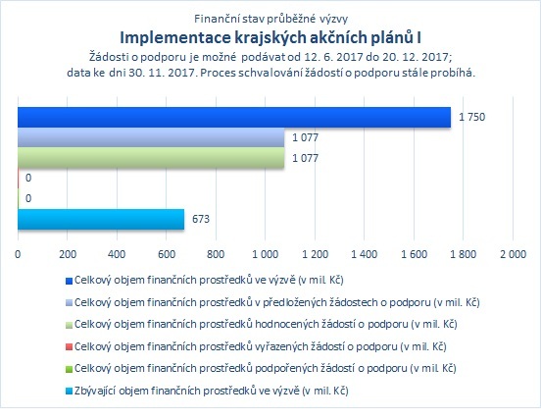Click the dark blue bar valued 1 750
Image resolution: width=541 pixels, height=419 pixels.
[234, 118]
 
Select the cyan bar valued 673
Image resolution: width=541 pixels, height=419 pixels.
[101, 219]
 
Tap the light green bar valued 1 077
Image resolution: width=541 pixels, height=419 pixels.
[151, 158]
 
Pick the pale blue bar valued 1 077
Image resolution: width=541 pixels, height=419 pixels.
[151, 137]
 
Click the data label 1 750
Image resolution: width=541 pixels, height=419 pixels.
[471, 117]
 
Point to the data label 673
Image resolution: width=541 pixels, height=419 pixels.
[201, 219]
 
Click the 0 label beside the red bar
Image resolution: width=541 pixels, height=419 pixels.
[28, 178]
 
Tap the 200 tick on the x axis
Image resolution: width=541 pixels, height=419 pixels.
[68, 254]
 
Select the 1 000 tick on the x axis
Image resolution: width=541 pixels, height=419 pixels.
[265, 254]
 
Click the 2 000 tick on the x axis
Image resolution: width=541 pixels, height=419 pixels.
[513, 254]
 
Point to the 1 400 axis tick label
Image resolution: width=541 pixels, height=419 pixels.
[364, 254]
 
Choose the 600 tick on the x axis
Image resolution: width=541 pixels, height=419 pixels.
[167, 254]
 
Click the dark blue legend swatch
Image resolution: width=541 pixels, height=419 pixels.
[69, 281]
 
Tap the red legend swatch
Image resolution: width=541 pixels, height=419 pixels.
[69, 347]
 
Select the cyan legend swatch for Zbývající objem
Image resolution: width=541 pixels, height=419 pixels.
[69, 392]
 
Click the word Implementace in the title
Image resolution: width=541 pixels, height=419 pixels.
[174, 38]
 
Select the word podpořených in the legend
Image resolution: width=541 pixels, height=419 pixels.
[287, 368]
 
